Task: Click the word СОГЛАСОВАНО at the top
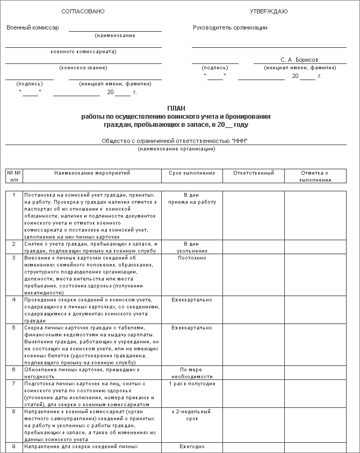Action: (83, 12)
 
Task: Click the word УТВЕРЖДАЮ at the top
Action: (269, 12)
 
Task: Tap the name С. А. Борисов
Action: (299, 60)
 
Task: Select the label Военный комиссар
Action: (33, 27)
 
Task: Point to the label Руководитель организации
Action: (230, 28)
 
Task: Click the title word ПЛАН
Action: (176, 109)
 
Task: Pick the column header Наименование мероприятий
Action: (92, 173)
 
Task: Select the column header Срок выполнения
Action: (192, 173)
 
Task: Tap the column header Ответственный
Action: (254, 173)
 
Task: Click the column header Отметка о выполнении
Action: (315, 176)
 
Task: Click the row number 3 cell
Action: (14, 257)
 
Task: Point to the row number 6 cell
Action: (14, 370)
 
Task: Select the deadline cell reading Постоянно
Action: (192, 257)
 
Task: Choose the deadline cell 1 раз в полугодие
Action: (192, 384)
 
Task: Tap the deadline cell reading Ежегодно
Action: (192, 447)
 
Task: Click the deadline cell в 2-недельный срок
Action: (192, 415)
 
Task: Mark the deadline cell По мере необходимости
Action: (192, 373)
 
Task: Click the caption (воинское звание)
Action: (83, 67)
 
